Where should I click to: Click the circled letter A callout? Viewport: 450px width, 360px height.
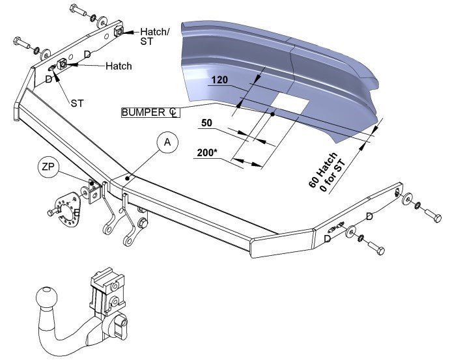click(x=167, y=143)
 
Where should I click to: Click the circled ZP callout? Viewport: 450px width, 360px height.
click(x=48, y=167)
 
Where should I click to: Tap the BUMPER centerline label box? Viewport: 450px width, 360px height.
click(x=150, y=112)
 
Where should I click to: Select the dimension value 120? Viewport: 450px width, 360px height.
click(x=220, y=79)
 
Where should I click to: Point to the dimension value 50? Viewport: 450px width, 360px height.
click(x=206, y=123)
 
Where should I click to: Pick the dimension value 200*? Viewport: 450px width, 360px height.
click(x=206, y=152)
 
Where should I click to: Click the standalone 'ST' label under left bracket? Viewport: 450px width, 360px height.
click(x=77, y=103)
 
